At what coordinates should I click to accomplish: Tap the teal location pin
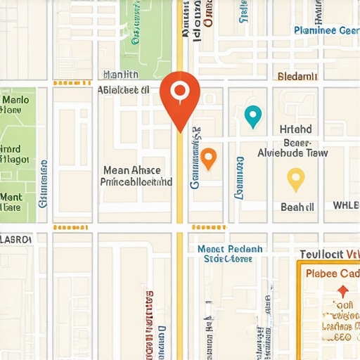pyautogui.click(x=252, y=115)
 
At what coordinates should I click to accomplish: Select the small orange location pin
pyautogui.click(x=208, y=158)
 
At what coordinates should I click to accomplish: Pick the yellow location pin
pyautogui.click(x=296, y=179)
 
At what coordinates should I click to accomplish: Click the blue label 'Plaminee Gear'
pyautogui.click(x=325, y=30)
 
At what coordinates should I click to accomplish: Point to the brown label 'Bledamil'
pyautogui.click(x=298, y=76)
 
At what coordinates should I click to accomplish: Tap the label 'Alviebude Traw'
pyautogui.click(x=292, y=152)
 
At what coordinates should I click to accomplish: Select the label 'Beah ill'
pyautogui.click(x=297, y=207)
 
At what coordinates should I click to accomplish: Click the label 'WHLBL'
pyautogui.click(x=346, y=206)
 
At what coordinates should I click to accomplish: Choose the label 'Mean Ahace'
pyautogui.click(x=132, y=170)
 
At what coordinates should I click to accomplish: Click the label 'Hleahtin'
pyautogui.click(x=121, y=75)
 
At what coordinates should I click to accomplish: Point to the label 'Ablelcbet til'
pyautogui.click(x=123, y=90)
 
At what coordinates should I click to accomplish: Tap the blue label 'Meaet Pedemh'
pyautogui.click(x=229, y=249)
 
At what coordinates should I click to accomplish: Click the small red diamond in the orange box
pyautogui.click(x=342, y=290)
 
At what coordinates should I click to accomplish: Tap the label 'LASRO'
pyautogui.click(x=15, y=239)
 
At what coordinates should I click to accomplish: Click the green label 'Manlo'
pyautogui.click(x=15, y=99)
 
